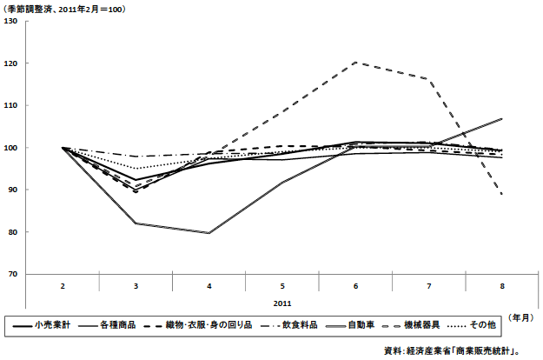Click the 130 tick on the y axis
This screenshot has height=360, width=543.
pyautogui.click(x=11, y=21)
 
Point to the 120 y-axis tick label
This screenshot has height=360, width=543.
pyautogui.click(x=11, y=63)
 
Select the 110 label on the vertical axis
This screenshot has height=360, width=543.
pyautogui.click(x=11, y=105)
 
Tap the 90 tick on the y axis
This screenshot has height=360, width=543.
pyautogui.click(x=13, y=190)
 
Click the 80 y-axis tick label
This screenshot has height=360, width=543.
pyautogui.click(x=13, y=232)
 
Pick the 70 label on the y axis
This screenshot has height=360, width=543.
pyautogui.click(x=13, y=274)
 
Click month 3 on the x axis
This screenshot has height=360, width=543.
pyautogui.click(x=136, y=284)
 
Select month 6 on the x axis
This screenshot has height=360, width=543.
pyautogui.click(x=355, y=284)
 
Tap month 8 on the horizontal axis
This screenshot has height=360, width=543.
pyautogui.click(x=502, y=284)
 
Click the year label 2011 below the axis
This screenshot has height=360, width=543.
pyautogui.click(x=282, y=304)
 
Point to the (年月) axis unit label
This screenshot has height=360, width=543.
pyautogui.click(x=520, y=317)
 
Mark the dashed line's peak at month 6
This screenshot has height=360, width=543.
pyautogui.click(x=356, y=63)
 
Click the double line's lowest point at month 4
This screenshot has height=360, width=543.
pyautogui.click(x=209, y=233)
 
